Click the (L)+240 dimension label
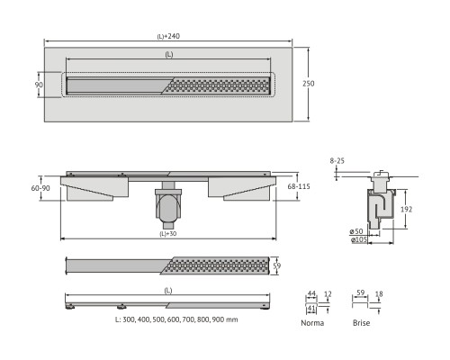168,36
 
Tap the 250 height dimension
308,84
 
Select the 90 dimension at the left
39,85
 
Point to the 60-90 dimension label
40,188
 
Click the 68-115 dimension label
299,186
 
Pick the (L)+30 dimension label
168,234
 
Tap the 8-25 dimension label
337,161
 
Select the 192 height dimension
407,209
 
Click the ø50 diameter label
356,231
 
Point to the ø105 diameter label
358,239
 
